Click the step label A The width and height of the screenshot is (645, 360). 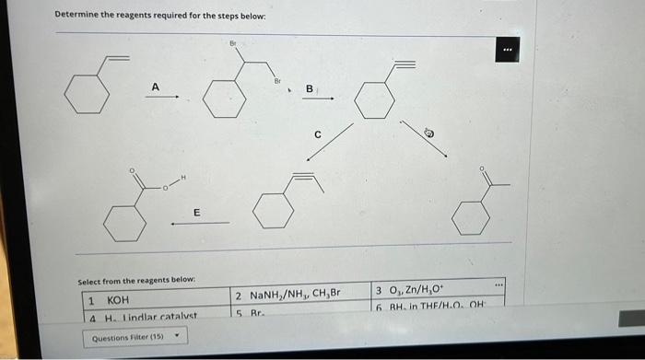(x=156, y=87)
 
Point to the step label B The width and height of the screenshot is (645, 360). (x=310, y=88)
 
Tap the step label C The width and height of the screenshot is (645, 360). (x=317, y=134)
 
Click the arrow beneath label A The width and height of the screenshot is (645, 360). (x=155, y=99)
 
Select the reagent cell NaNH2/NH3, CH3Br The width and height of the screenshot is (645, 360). (x=287, y=296)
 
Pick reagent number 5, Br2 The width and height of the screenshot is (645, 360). (x=249, y=313)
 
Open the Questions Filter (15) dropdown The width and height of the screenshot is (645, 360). (x=134, y=338)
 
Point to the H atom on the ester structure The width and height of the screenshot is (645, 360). (x=184, y=177)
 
